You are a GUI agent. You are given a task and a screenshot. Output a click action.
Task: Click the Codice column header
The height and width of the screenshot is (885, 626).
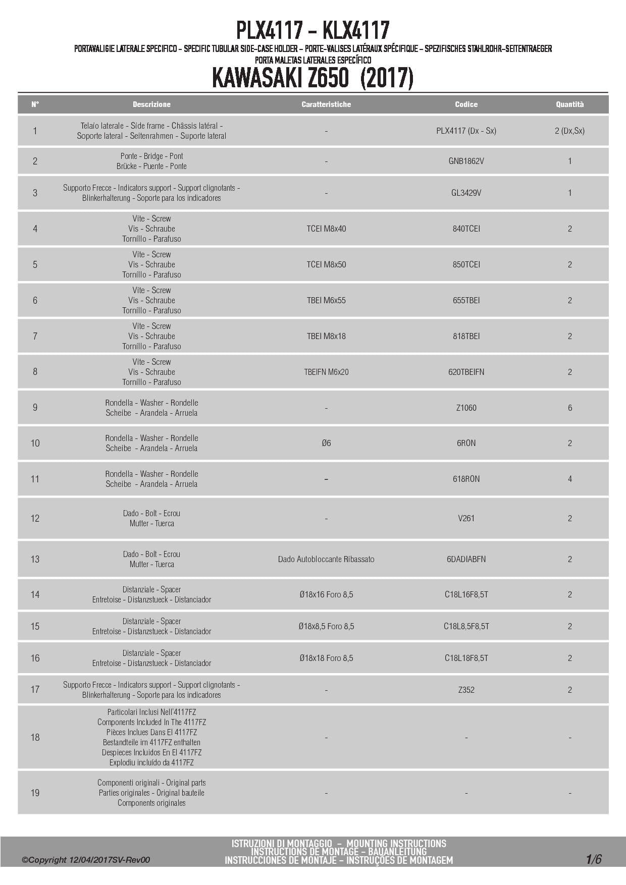tap(466, 104)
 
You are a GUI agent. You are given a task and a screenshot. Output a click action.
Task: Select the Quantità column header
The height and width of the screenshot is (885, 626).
tap(569, 104)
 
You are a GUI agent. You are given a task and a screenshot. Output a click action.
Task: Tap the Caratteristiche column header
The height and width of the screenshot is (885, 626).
tap(326, 104)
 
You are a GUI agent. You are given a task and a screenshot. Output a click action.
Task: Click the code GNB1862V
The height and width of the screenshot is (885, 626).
tap(466, 161)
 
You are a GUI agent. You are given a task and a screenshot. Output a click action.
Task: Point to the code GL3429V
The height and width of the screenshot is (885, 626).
tap(466, 193)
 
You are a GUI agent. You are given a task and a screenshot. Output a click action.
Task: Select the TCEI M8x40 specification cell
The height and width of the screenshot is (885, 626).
tap(326, 229)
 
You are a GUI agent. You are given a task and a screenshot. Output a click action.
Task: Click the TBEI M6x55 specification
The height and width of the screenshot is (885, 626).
tap(326, 300)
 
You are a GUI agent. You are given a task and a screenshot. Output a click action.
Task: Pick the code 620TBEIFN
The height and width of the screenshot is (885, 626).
tap(466, 372)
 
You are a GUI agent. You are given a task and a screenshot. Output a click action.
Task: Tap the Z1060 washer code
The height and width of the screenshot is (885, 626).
tap(466, 408)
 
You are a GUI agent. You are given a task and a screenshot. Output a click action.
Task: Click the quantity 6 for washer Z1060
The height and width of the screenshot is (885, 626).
tap(570, 408)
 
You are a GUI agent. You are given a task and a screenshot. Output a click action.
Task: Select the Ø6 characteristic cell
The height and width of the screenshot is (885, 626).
tap(326, 443)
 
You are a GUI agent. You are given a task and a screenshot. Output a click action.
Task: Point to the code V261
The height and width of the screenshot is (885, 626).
tap(466, 518)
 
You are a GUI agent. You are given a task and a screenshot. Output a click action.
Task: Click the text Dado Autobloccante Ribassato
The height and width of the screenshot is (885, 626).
tap(326, 559)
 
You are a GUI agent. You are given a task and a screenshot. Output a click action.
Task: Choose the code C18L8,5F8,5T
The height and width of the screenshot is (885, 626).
tap(466, 626)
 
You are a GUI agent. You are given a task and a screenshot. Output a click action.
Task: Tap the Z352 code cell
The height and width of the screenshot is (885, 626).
tap(466, 690)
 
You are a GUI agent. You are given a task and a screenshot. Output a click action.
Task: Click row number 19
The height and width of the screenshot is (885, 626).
tap(35, 793)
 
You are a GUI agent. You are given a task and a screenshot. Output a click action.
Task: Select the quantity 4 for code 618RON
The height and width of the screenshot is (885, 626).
tap(570, 479)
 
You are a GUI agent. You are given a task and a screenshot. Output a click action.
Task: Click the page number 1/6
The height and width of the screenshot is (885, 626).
tap(594, 859)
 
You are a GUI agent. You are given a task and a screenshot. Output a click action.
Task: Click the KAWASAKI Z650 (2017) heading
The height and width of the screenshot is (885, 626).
tap(312, 78)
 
